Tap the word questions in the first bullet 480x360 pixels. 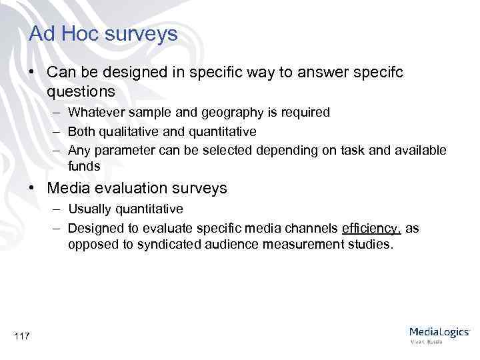coord(81,91)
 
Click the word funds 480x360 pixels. coord(83,166)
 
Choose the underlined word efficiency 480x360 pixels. coord(371,229)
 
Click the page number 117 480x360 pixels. coord(21,336)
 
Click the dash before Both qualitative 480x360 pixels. coord(58,131)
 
